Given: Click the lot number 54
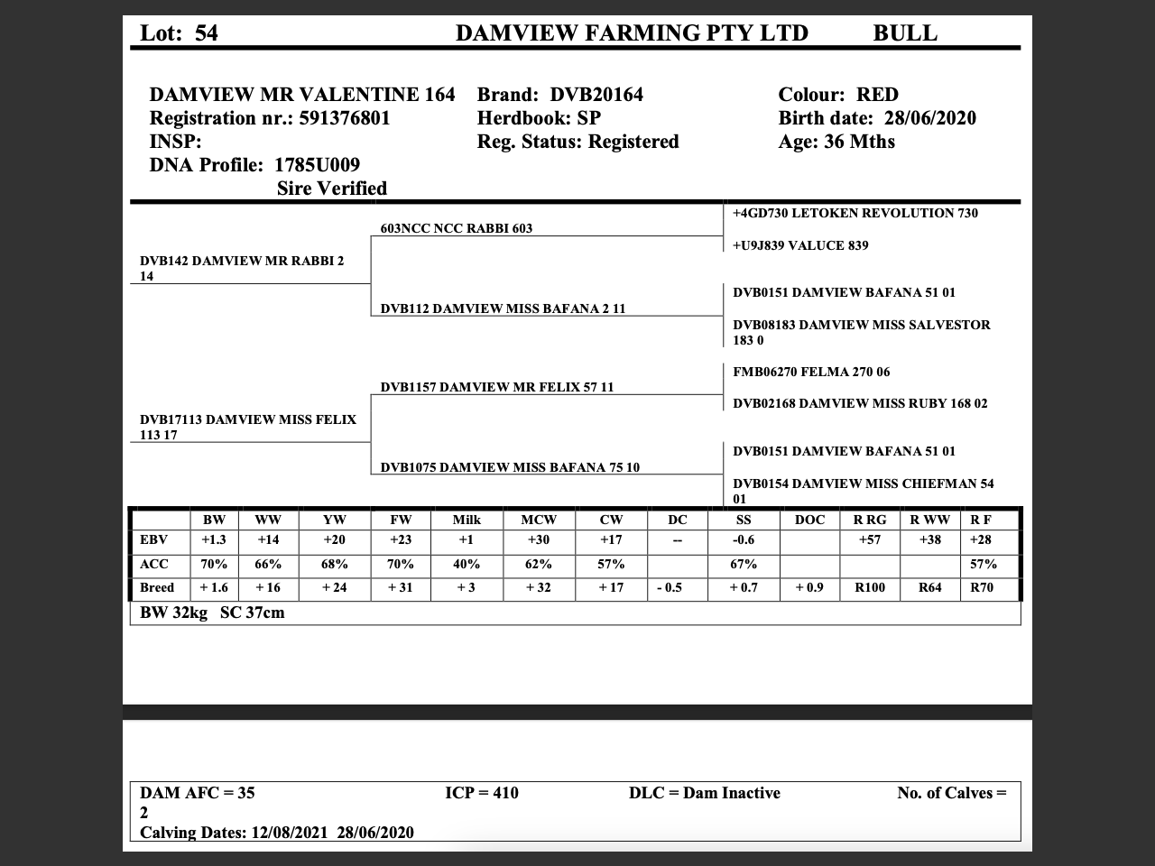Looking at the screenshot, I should click(207, 33).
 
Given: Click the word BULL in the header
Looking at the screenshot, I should click(905, 33).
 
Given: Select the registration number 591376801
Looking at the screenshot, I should click(345, 118).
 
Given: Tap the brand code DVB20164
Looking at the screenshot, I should click(596, 95).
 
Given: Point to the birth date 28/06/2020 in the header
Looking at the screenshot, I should click(929, 118).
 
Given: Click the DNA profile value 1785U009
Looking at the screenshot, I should click(317, 165).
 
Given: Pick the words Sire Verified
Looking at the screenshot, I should click(332, 189).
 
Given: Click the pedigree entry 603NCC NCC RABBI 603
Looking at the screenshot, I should click(457, 228).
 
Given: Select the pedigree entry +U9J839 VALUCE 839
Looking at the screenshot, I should click(800, 245).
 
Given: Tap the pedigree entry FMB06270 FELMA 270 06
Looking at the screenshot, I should click(811, 372).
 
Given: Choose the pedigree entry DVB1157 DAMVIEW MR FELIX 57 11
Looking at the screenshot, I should click(497, 387).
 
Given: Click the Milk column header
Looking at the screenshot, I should click(467, 520).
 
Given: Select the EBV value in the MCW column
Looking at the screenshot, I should click(539, 539).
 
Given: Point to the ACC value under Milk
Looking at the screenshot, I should click(467, 564).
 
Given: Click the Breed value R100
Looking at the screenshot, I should click(870, 587).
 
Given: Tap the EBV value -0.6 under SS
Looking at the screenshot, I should click(744, 539).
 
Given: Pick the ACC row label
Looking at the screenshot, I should click(154, 564).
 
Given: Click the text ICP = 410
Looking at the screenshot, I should click(482, 793).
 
